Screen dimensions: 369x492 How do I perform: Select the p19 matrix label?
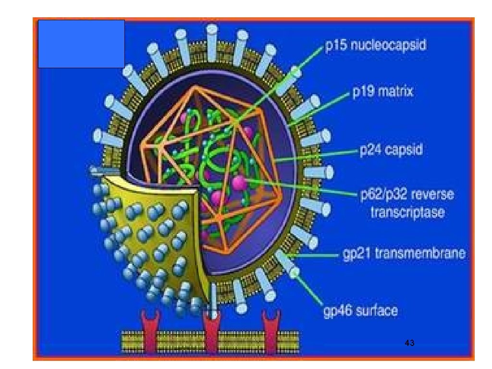pyautogui.click(x=382, y=91)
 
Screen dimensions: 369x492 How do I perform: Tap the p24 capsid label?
pyautogui.click(x=391, y=150)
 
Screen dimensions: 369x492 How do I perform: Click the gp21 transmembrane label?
pyautogui.click(x=404, y=253)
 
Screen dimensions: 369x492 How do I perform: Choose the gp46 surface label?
pyautogui.click(x=360, y=311)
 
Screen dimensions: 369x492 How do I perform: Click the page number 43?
pyautogui.click(x=410, y=343)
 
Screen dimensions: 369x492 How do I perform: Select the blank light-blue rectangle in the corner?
pyautogui.click(x=81, y=44)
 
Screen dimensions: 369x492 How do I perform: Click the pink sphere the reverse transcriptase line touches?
pyautogui.click(x=239, y=182)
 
